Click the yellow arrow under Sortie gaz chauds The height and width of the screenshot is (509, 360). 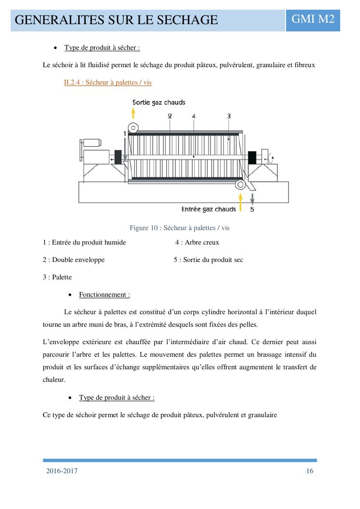(133, 114)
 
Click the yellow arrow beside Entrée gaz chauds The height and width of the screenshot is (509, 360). (240, 200)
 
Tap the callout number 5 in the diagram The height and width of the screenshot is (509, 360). (252, 209)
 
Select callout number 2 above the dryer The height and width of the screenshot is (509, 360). (170, 116)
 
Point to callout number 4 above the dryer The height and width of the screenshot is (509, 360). (193, 116)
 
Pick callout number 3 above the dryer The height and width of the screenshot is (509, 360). (229, 116)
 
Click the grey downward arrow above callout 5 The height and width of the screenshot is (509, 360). (252, 198)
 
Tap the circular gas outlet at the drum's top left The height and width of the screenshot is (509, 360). (134, 128)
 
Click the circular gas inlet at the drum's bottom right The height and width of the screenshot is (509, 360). (240, 185)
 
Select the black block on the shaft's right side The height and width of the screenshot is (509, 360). (252, 157)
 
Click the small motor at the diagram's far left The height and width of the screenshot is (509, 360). (92, 143)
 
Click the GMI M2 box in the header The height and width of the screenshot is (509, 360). (313, 19)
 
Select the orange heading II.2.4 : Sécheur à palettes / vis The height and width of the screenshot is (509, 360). (108, 83)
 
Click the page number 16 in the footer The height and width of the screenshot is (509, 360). (310, 471)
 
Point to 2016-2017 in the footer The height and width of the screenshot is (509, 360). (62, 471)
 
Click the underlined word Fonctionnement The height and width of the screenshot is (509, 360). (104, 295)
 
